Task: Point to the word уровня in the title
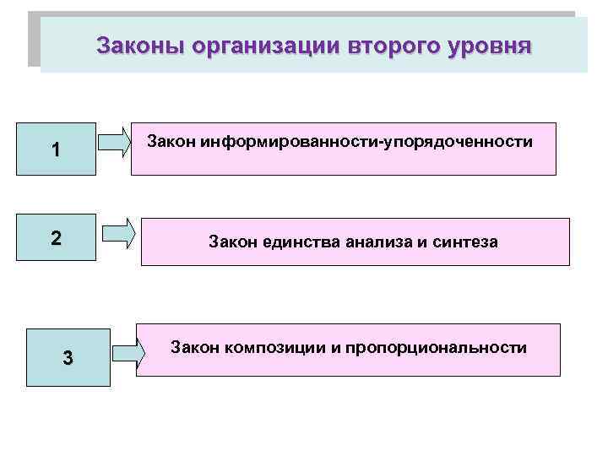coord(489,45)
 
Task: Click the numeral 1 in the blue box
coord(55,151)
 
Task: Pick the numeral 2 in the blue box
coord(55,238)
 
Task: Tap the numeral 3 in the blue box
coord(68,358)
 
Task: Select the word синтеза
coord(467,242)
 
